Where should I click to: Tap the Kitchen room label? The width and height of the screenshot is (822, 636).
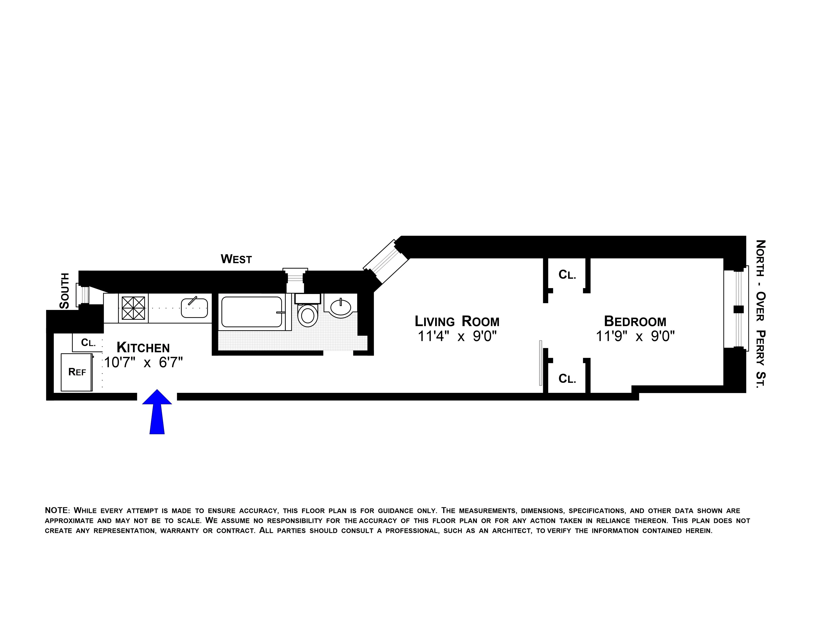pos(143,347)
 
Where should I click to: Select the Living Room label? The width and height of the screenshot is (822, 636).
pos(457,321)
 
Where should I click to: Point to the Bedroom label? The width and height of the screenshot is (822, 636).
pos(635,321)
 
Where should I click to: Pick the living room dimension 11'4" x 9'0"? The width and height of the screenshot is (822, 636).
pos(457,336)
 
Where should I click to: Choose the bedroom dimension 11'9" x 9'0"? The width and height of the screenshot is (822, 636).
pos(635,336)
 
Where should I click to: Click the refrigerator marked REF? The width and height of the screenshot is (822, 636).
pos(77,372)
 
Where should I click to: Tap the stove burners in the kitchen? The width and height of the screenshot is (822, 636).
pos(133,308)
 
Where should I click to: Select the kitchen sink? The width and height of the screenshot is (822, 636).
pos(194,308)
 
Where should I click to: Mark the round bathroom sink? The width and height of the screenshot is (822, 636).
pos(341,306)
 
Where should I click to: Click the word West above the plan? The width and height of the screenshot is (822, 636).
pos(236,259)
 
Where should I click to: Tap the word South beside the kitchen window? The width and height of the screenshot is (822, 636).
pos(65,291)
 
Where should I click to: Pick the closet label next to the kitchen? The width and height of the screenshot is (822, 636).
pos(89,343)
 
